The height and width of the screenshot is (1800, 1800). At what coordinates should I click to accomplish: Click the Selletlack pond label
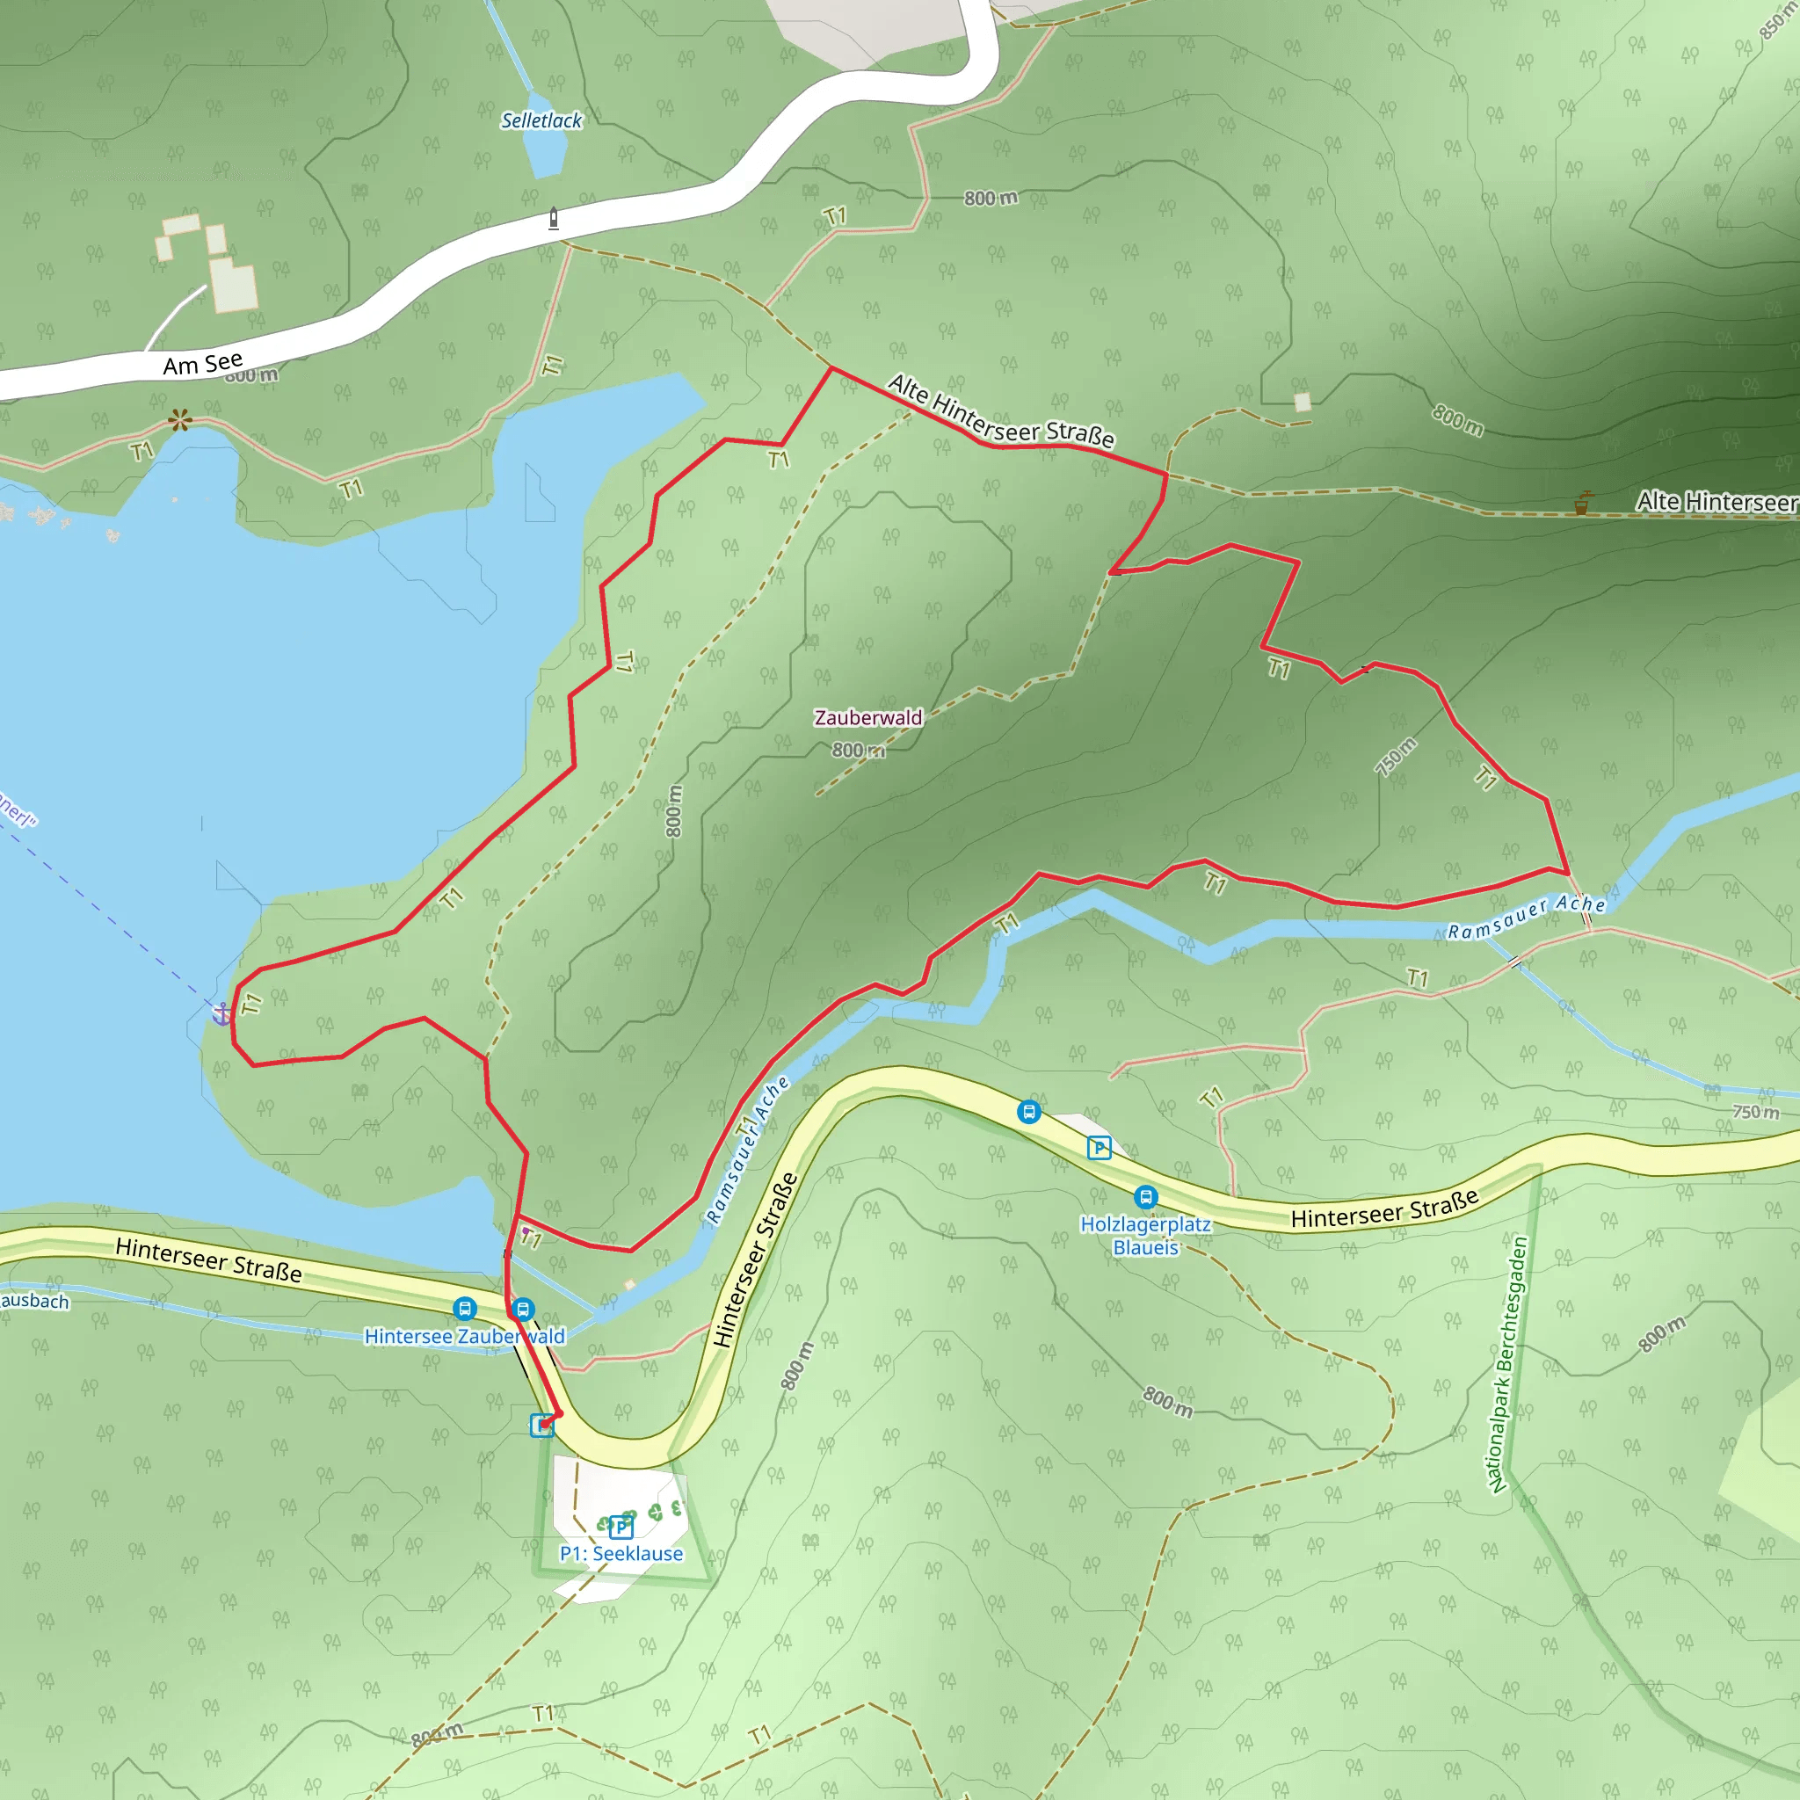pos(541,121)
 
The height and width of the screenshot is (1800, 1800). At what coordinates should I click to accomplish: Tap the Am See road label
pos(203,363)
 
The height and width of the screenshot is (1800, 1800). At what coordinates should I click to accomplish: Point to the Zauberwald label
pos(867,717)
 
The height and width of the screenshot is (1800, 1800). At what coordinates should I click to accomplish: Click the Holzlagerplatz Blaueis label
pos(1145,1236)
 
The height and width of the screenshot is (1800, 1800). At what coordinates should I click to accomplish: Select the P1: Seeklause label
pos(621,1553)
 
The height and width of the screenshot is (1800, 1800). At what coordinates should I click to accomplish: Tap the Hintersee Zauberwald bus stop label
pos(464,1336)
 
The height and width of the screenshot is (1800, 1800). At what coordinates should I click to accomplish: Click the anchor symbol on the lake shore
pos(221,1013)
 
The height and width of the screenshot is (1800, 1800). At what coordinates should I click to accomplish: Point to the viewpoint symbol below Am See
pos(180,420)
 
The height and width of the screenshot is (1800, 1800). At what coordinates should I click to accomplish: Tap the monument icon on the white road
pos(554,218)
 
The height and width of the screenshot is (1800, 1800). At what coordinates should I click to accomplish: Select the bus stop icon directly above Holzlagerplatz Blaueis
pos(1146,1196)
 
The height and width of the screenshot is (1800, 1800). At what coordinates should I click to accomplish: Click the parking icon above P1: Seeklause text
pos(621,1528)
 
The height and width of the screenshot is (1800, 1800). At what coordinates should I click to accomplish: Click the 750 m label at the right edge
pos(1755,1112)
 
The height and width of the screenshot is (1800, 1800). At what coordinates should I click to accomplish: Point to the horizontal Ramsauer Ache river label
pos(1526,917)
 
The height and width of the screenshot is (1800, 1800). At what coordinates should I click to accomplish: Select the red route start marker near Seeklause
pos(546,1423)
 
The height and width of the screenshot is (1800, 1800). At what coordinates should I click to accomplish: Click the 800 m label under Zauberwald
pos(857,750)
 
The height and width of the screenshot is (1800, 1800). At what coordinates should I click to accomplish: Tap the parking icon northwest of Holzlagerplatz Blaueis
pos(1100,1148)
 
